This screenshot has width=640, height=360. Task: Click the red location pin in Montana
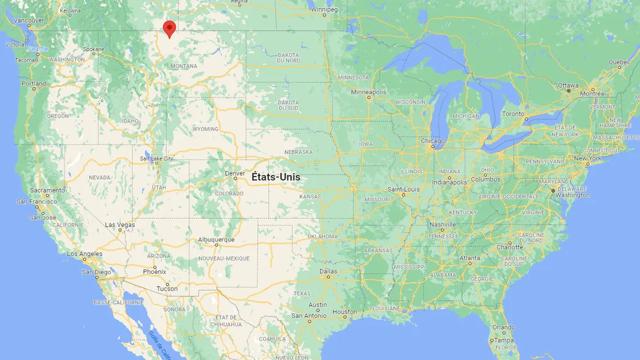point(169,28)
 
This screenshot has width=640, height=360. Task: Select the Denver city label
point(235,173)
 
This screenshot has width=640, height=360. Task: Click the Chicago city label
point(433,141)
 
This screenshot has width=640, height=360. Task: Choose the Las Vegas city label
point(120,225)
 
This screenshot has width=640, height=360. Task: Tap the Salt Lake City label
point(156,158)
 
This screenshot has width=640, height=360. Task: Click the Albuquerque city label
point(216,240)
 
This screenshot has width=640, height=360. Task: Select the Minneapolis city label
point(368,92)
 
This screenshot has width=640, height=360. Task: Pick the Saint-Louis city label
point(404,190)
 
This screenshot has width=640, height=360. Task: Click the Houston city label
point(344,312)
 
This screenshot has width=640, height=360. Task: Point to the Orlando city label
point(503,327)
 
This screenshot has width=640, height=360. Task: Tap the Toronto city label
point(513,114)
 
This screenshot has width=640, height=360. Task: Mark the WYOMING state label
point(205,129)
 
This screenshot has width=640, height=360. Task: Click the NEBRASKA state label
point(298,152)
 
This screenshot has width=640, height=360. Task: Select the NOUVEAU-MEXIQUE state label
point(224,258)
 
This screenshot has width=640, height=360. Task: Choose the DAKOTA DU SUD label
point(289,105)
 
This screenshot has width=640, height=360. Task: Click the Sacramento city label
point(48,190)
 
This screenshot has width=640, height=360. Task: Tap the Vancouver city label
point(29,20)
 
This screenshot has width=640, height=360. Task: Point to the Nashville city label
point(442,224)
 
